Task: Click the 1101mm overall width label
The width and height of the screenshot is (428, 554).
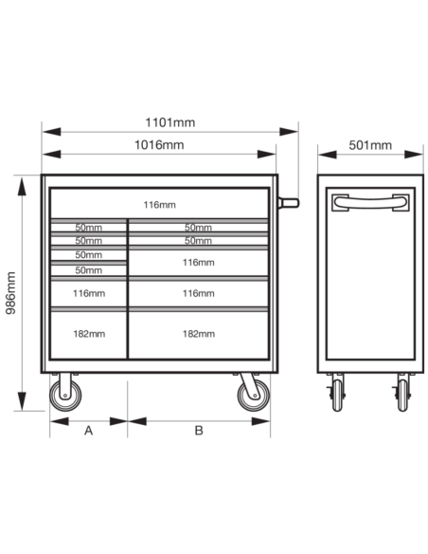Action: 169,122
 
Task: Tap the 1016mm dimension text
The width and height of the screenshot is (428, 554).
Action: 159,145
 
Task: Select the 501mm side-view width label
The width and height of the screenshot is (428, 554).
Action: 370,145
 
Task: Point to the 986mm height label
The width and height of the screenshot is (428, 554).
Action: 11,293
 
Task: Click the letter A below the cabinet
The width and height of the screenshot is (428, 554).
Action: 88,431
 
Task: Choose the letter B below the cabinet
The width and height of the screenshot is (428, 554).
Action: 199,431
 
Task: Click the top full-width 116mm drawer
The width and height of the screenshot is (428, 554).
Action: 159,204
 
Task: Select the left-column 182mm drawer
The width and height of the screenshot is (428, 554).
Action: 89,335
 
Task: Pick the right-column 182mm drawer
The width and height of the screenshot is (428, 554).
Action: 198,335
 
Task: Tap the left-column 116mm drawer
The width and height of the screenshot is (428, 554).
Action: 89,294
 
